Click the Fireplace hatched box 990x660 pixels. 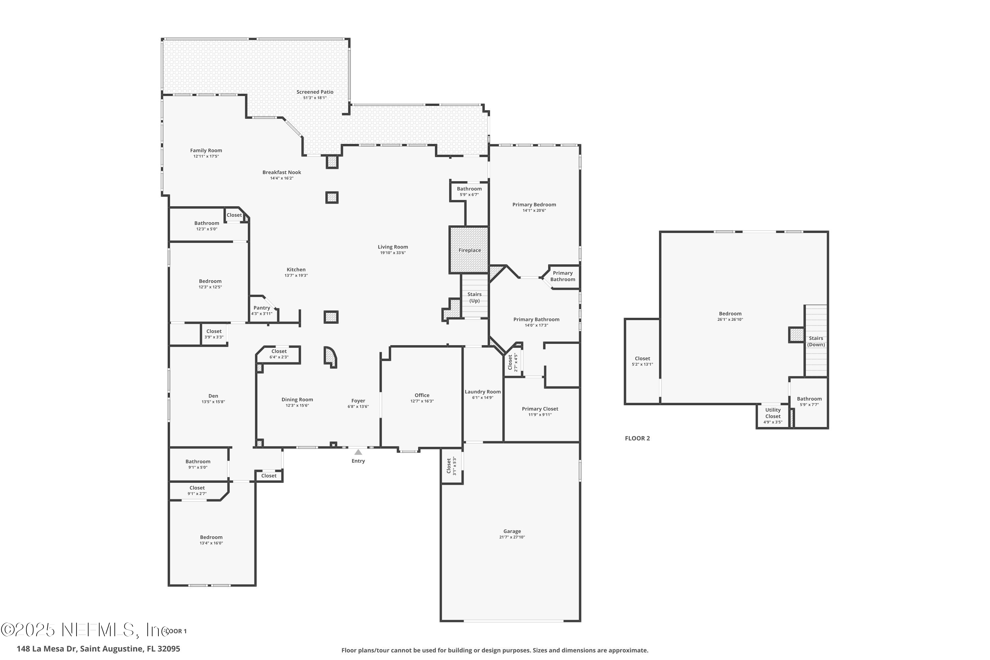point(469,250)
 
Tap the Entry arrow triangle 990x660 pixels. point(358,452)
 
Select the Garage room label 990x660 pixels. point(512,531)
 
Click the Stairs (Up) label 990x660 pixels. point(475,297)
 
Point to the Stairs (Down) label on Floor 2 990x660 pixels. point(816,341)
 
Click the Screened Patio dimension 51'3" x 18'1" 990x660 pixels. point(315,98)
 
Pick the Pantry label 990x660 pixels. point(261,308)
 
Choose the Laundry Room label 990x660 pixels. point(482,391)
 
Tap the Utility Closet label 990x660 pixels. point(773,413)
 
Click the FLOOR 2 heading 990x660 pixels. point(637,438)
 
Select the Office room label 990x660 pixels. point(422,395)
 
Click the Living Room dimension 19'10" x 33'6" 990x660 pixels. point(392,252)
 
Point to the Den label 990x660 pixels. point(213,396)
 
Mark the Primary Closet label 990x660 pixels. point(540,409)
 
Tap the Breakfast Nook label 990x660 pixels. point(281,172)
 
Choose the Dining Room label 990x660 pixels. point(297,399)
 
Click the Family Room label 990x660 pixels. point(206,150)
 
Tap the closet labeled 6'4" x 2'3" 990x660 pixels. point(279,357)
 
